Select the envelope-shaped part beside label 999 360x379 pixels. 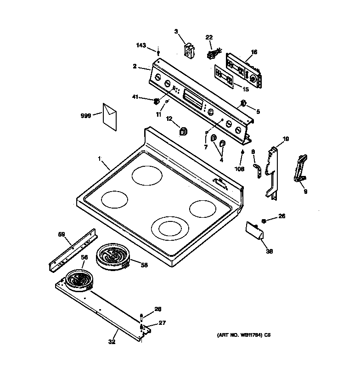pos(110,116)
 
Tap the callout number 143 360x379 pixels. pos(141,45)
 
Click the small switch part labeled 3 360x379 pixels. pos(188,51)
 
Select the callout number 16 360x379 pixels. pos(254,52)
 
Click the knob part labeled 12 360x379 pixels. pos(182,132)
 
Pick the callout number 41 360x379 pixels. pos(135,97)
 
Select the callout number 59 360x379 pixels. pos(62,234)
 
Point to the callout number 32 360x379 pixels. pos(112,341)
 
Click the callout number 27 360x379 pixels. pos(162,323)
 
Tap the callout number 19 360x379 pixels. pos(285,139)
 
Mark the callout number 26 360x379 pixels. pos(281,216)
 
